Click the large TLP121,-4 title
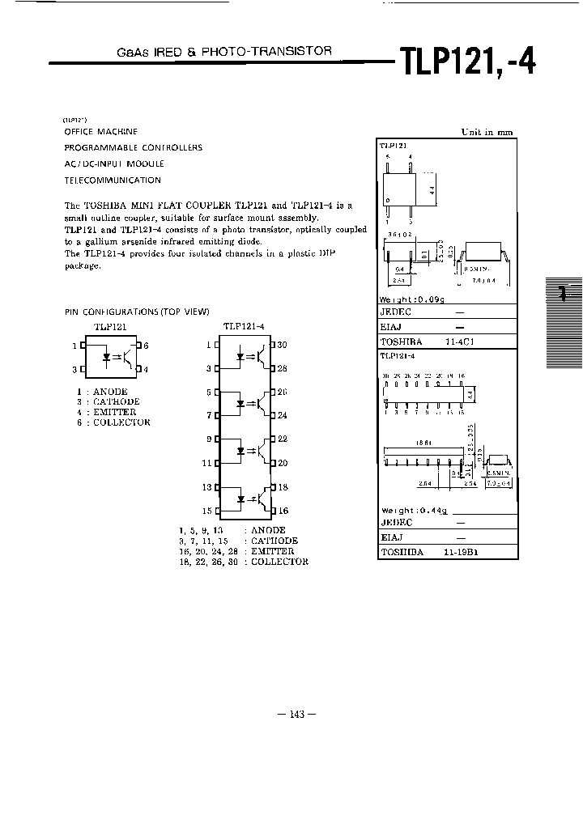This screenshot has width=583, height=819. pyautogui.click(x=466, y=62)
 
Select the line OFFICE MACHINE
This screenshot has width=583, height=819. pyautogui.click(x=100, y=131)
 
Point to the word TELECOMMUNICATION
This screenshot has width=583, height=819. pyautogui.click(x=113, y=180)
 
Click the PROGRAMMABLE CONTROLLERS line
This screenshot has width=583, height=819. pyautogui.click(x=133, y=148)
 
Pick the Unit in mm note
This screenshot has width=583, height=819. pyautogui.click(x=487, y=132)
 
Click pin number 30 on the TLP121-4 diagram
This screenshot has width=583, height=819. pyautogui.click(x=282, y=345)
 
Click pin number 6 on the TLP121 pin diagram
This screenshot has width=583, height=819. pyautogui.click(x=147, y=346)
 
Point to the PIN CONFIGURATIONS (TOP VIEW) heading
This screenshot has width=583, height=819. pyautogui.click(x=137, y=312)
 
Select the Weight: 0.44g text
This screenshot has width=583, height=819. pyautogui.click(x=414, y=511)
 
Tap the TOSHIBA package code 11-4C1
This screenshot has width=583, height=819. pyautogui.click(x=460, y=342)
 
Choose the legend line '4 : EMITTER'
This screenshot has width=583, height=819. pyautogui.click(x=106, y=412)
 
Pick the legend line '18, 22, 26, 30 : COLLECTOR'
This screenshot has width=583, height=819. pyautogui.click(x=244, y=562)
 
